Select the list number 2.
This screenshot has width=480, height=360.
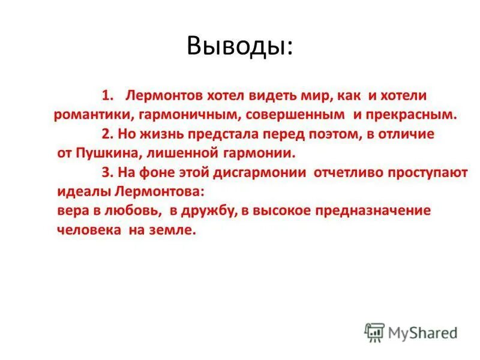107,134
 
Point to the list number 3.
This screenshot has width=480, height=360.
107,173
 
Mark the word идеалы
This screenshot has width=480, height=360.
82,192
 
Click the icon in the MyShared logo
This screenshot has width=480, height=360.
374,332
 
